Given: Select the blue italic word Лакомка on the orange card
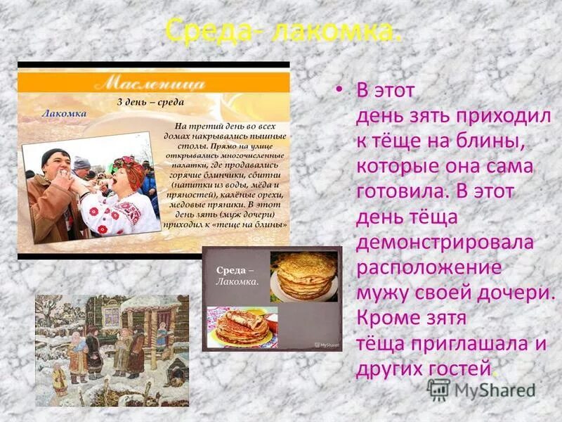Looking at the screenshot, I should click(64, 113).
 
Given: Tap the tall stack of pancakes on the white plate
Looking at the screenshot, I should click(303, 275).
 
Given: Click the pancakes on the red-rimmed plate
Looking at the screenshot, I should click(242, 326).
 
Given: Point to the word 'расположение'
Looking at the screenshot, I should click(429, 267).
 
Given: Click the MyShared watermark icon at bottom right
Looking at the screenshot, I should click(438, 390).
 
